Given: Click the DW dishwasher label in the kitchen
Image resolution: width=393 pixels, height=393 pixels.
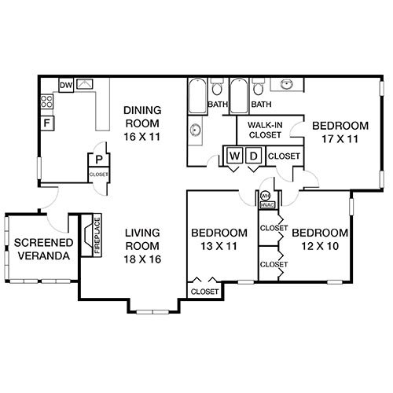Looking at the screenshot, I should coord(67,84).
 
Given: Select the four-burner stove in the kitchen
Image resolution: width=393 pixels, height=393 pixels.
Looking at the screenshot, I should coord(46,101).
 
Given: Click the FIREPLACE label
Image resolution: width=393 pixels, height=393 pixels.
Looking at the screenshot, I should coord(87,234).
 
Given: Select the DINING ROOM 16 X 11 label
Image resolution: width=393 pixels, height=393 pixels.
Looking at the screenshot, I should coord(141,123).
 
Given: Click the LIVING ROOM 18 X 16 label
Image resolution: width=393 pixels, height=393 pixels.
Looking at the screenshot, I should coord(143,245).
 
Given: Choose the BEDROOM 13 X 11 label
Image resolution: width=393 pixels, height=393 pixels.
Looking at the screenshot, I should coord(220,240).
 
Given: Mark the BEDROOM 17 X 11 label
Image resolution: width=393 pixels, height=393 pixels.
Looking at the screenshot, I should coord(340,132).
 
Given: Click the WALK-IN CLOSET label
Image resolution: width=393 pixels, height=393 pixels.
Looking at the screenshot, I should coord(265,130).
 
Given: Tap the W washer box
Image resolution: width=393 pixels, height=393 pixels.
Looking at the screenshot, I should coord(233,156).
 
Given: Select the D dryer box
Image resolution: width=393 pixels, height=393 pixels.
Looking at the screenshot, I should coord(253,156).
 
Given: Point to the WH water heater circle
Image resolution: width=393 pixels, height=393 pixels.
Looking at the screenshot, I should coord(266,196).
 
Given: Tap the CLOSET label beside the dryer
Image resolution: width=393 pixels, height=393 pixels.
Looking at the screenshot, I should coord(284,156).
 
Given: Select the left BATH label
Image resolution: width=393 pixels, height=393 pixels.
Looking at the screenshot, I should coord(217,105).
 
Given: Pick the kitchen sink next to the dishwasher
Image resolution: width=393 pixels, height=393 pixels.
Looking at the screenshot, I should coord(85,84).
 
